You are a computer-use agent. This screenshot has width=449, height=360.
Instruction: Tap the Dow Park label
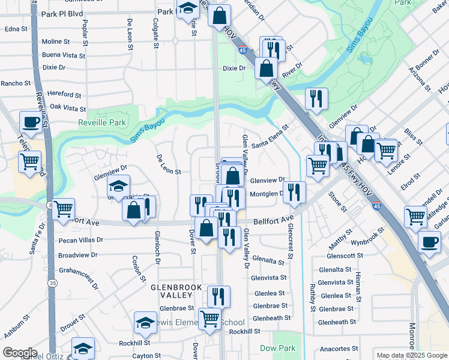click(277, 348)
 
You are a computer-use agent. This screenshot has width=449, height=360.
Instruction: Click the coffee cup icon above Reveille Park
click(31, 122)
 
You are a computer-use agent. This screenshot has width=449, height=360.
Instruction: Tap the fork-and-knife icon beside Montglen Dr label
click(294, 192)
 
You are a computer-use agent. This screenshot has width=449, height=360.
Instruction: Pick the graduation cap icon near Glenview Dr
click(119, 185)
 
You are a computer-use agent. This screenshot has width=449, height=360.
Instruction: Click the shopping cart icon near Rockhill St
click(209, 319)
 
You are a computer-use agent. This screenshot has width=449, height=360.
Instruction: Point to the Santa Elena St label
click(270, 145)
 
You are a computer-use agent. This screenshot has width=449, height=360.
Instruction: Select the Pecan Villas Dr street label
click(81, 239)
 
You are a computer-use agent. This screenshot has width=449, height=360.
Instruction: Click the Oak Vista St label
click(68, 108)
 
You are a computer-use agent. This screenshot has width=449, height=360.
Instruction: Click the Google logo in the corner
click(20, 353)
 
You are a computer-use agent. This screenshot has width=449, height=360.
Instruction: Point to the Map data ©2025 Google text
click(412, 355)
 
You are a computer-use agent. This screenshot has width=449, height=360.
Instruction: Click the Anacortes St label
click(338, 349)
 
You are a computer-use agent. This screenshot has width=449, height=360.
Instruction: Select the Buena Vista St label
click(63, 55)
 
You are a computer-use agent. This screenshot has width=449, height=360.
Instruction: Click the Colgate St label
click(156, 33)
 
